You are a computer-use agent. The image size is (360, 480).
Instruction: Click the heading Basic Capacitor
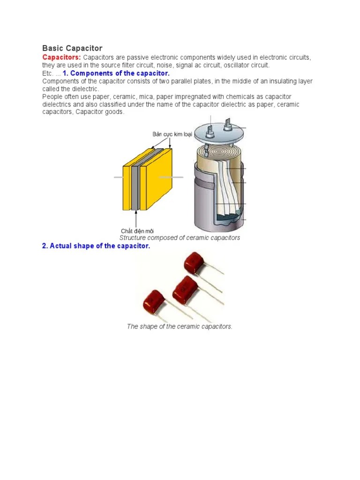point(72,48)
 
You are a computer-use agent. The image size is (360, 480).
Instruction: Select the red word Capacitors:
point(61,57)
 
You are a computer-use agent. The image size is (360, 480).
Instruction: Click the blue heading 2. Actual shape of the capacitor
point(96,246)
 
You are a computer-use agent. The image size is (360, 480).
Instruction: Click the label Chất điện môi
point(137,231)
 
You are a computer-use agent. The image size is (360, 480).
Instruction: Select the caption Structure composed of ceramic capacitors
point(180,238)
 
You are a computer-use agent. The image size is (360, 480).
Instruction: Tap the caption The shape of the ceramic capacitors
point(180,326)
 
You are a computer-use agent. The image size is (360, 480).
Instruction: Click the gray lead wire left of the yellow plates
point(119,177)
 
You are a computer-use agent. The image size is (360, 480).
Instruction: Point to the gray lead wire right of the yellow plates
point(172,177)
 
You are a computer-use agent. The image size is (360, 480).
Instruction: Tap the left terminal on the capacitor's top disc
point(210,127)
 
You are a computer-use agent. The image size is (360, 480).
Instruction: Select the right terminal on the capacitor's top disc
point(229,124)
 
